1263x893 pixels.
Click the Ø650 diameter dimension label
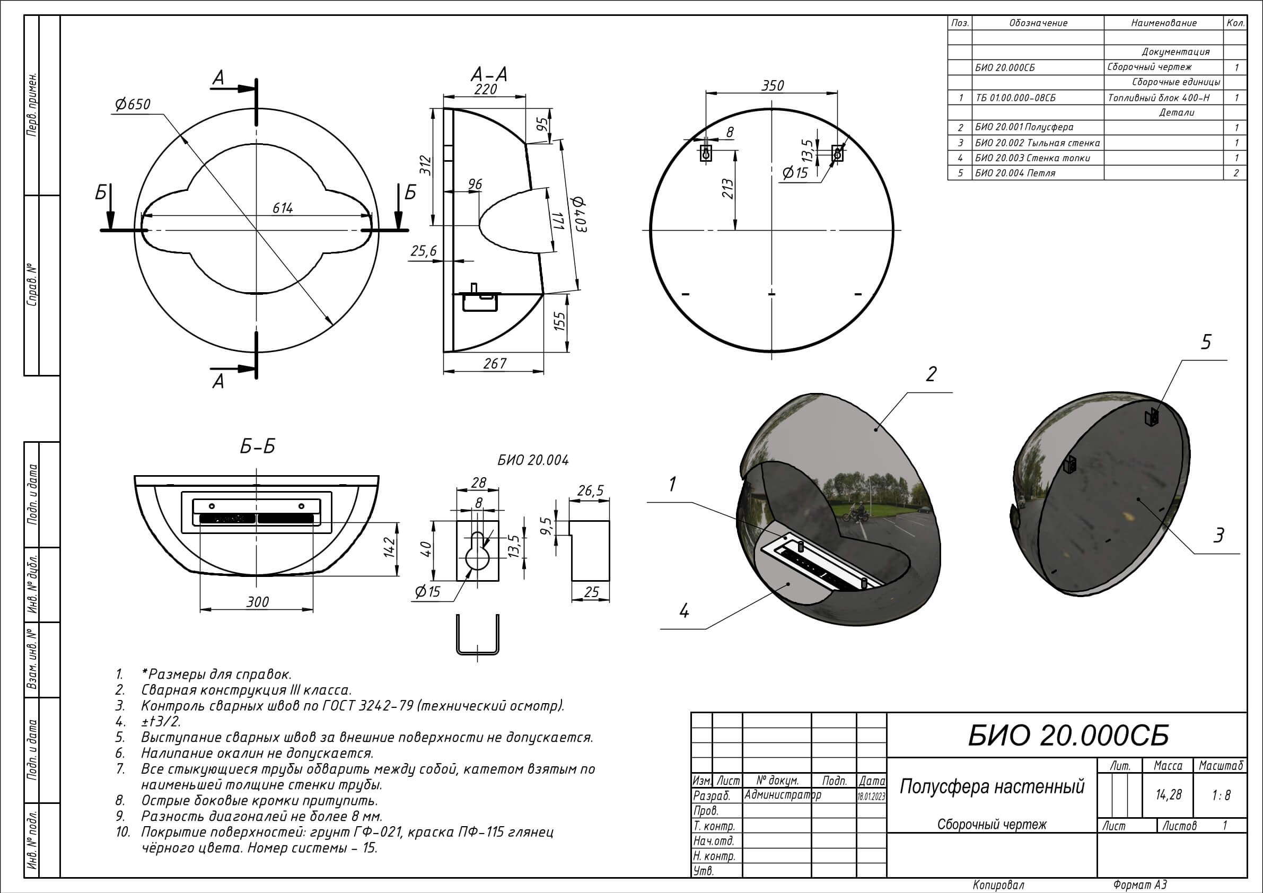click(132, 104)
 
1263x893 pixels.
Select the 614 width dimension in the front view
click(283, 208)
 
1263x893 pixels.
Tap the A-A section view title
click(488, 74)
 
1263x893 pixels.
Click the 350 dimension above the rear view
click(773, 85)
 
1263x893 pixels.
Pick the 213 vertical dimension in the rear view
click(728, 189)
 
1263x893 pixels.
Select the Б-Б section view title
click(257, 446)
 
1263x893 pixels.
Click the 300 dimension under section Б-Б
click(257, 602)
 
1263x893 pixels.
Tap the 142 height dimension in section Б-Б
click(390, 547)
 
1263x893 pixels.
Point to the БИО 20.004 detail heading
click(532, 460)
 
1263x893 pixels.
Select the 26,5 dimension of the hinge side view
click(590, 490)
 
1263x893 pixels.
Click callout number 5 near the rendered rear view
click(1206, 342)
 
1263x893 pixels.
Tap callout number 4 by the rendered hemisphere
click(684, 611)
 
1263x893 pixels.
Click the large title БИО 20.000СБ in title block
click(1068, 735)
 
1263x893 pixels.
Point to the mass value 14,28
click(1169, 794)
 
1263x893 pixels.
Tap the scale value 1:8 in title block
click(1221, 794)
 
